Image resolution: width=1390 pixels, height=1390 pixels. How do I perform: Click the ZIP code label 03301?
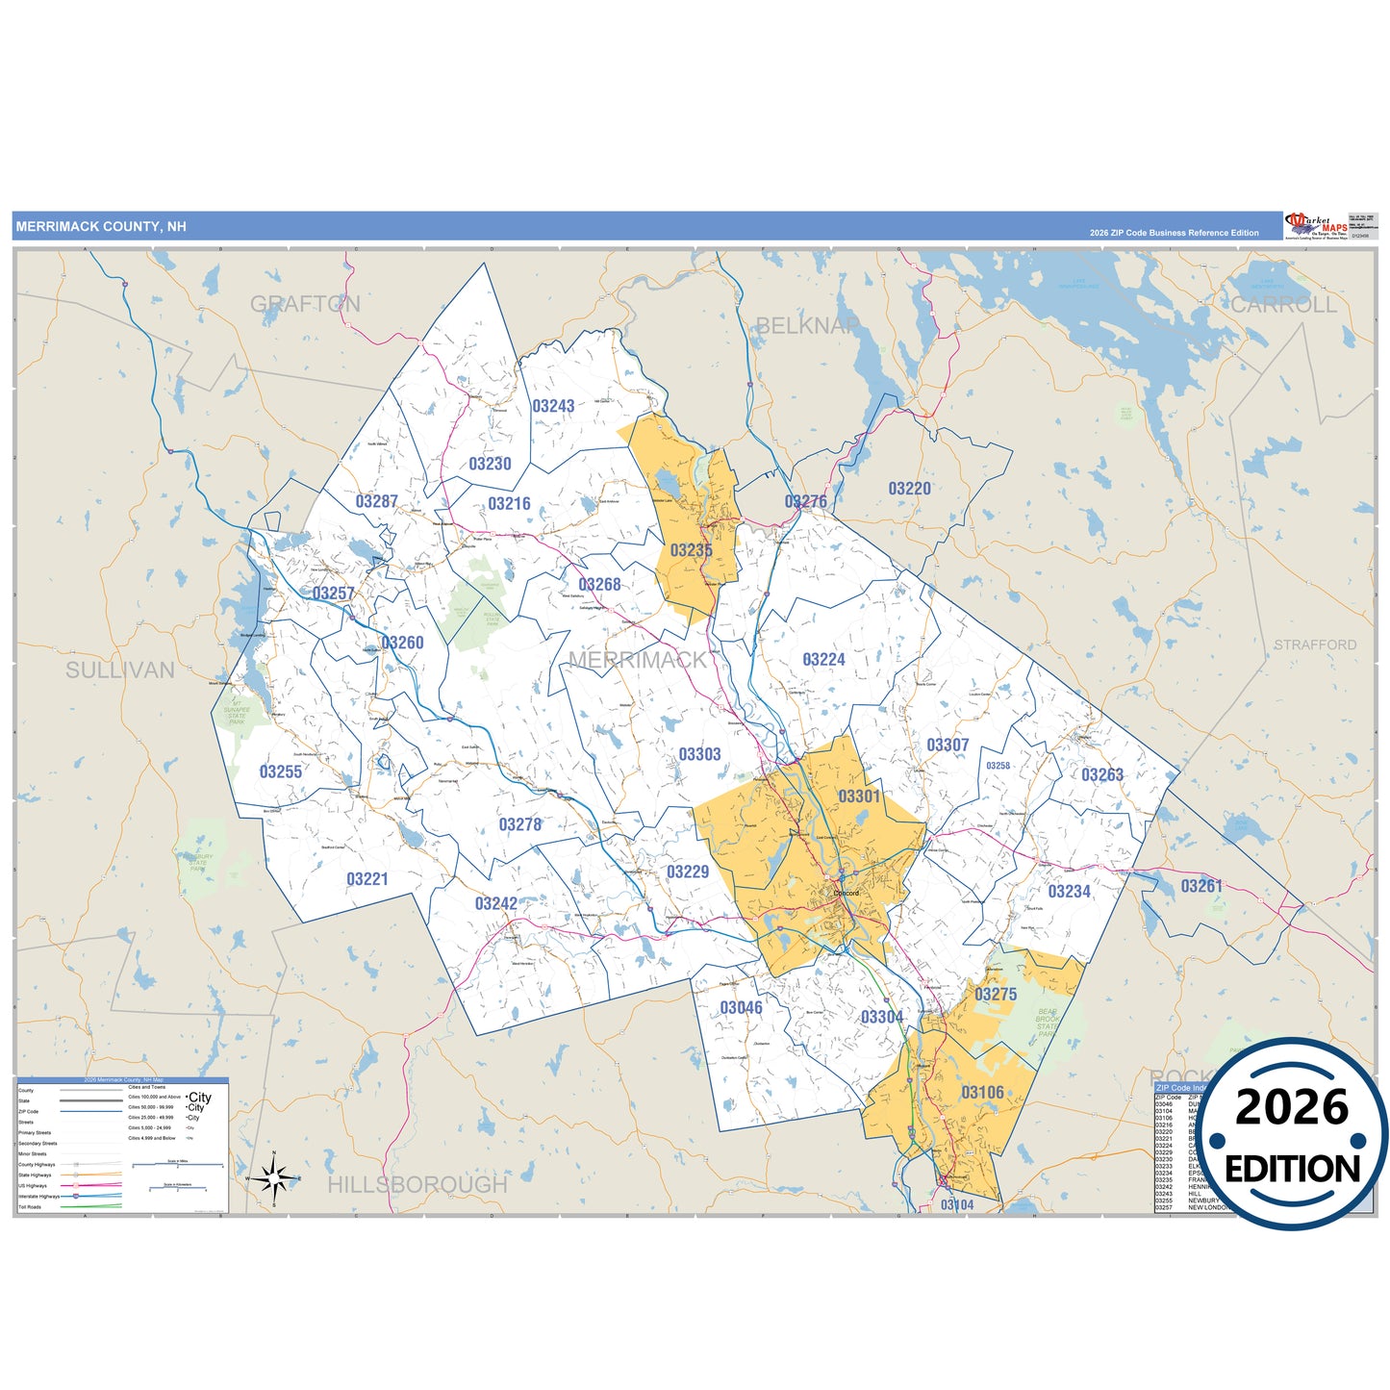click(x=859, y=796)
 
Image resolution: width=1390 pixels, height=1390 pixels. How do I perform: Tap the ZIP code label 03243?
click(x=553, y=406)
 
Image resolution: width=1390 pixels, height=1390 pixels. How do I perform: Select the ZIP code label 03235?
click(x=691, y=550)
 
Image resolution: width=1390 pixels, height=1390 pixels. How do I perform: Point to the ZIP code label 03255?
click(x=281, y=771)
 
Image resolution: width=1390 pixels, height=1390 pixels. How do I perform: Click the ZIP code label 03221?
click(x=367, y=879)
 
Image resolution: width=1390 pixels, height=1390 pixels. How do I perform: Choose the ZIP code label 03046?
click(x=741, y=1008)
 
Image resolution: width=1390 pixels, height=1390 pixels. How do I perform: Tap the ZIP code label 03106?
click(x=982, y=1093)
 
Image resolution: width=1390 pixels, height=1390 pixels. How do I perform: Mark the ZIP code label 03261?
click(x=1201, y=886)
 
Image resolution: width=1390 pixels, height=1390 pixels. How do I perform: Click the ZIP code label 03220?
click(x=909, y=489)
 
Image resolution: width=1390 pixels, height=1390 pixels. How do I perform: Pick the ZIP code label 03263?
click(x=1102, y=775)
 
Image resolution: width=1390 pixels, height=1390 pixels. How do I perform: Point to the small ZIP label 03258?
click(x=998, y=766)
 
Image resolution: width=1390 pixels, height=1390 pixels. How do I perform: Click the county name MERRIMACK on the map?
click(x=637, y=660)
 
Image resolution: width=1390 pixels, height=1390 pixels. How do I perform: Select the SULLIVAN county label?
click(x=120, y=670)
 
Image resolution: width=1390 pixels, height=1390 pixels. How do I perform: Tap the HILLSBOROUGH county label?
click(x=417, y=1184)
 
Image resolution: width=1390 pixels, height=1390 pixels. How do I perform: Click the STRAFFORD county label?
click(x=1315, y=644)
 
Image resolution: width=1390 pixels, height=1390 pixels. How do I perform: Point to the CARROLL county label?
click(x=1284, y=305)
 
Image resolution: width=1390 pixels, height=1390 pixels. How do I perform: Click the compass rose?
click(x=274, y=1176)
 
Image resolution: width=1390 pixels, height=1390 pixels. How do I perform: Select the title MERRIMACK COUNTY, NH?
click(x=101, y=227)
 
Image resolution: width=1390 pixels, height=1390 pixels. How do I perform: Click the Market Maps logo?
click(x=1316, y=225)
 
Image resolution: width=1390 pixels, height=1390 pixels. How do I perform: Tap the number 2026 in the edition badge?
click(x=1292, y=1108)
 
